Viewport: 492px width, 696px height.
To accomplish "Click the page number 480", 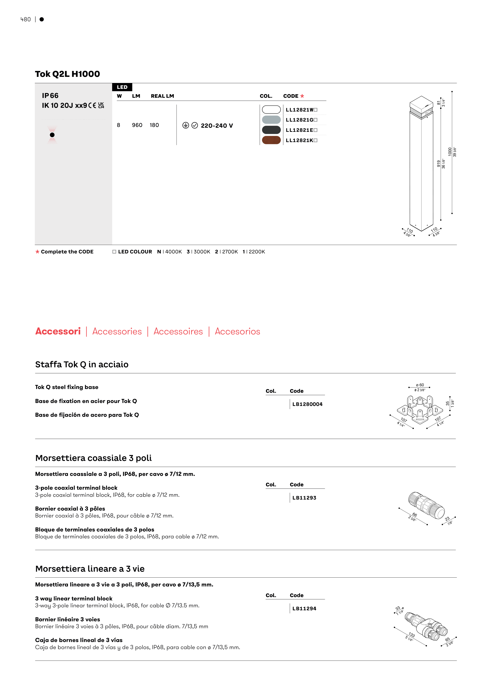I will [25, 19].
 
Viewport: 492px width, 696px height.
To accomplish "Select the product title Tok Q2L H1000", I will [67, 74].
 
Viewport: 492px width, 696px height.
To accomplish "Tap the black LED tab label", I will [122, 87].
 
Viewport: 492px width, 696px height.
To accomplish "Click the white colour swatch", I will [271, 109].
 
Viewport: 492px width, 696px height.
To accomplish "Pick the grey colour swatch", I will [271, 120].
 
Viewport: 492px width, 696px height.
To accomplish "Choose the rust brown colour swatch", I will [271, 140].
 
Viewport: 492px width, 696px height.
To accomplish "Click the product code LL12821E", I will [299, 130].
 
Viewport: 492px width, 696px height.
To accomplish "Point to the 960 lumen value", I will [137, 125].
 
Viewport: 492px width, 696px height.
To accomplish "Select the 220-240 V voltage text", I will [217, 126].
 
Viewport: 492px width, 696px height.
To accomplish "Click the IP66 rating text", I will [50, 96].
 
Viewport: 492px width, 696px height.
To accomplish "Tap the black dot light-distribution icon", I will [52, 135].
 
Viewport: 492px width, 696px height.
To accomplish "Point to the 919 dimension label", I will [438, 164].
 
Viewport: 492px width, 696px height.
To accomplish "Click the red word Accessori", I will [58, 331].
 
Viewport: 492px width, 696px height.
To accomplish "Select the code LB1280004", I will [307, 404].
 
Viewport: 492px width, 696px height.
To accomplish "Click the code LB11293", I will [304, 498].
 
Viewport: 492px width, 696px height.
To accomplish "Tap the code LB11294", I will [304, 608].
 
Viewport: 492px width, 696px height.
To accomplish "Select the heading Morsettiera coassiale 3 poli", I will [93, 458].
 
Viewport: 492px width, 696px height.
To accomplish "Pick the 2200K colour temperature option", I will [254, 252].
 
